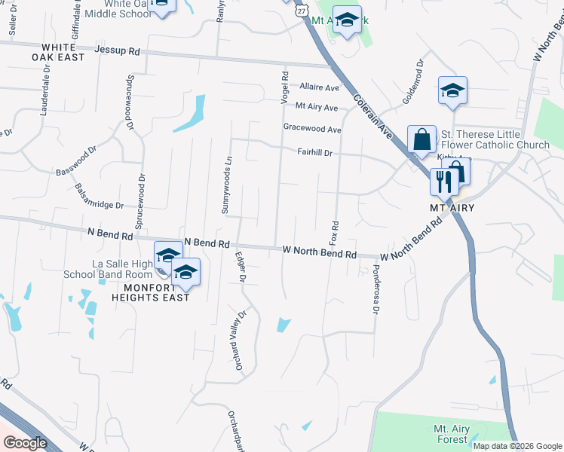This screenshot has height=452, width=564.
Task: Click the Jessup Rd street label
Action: (118, 51)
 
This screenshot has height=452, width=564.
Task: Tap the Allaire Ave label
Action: (319, 87)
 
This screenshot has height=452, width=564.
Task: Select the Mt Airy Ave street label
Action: (317, 108)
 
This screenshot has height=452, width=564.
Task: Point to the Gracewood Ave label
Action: (312, 130)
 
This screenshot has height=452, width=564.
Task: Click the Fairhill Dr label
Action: (314, 152)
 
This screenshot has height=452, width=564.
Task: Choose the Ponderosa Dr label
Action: (375, 289)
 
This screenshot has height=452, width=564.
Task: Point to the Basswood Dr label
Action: (76, 161)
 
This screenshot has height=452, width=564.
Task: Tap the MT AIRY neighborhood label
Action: (444, 207)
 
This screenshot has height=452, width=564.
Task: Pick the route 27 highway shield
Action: (302, 10)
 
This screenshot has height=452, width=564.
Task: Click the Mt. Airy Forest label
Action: (452, 434)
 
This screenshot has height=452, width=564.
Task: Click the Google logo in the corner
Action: (25, 442)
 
